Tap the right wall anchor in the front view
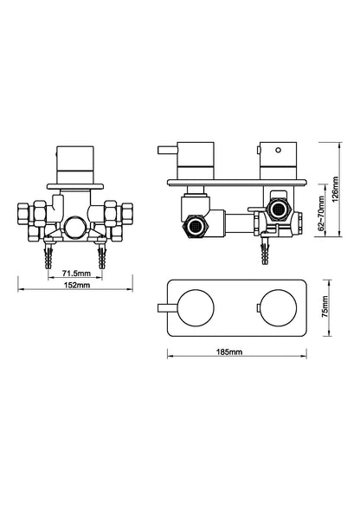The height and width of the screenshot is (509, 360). coord(104,256)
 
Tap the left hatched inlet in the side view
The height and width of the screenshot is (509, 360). coord(196,228)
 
